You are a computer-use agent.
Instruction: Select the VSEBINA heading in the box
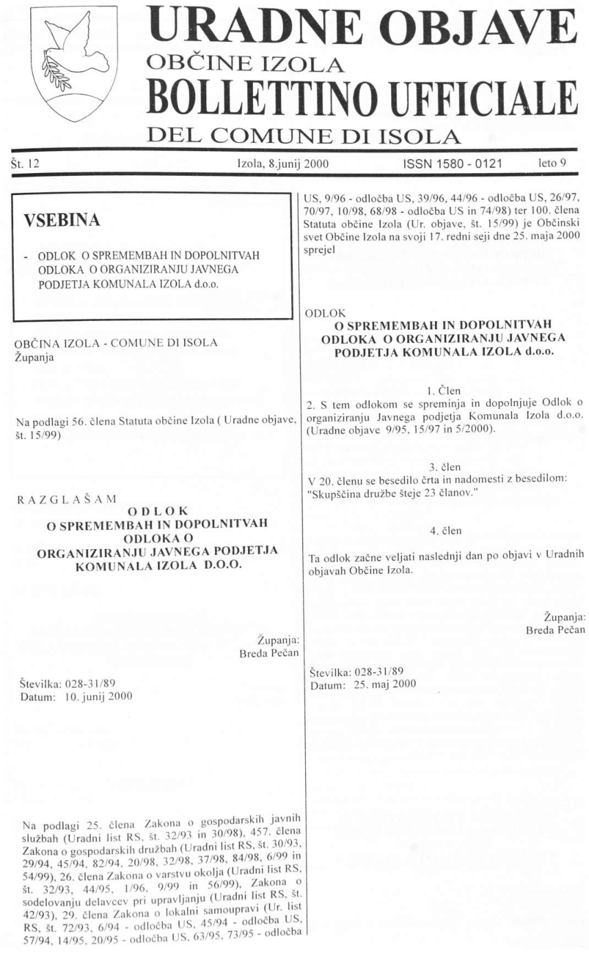(x=63, y=220)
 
